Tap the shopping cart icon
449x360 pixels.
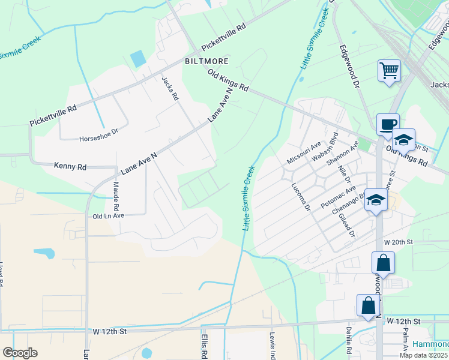click(x=389, y=71)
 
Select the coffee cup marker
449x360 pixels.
click(x=387, y=125)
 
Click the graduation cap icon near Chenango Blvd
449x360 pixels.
click(x=376, y=201)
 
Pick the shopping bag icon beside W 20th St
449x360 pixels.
click(x=383, y=262)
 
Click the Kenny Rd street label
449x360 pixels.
click(x=70, y=165)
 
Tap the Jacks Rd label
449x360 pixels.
click(x=170, y=88)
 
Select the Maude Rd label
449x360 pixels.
click(x=116, y=194)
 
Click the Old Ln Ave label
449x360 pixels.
click(x=108, y=215)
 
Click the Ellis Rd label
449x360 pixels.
click(x=203, y=346)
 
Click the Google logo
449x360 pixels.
click(x=20, y=353)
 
